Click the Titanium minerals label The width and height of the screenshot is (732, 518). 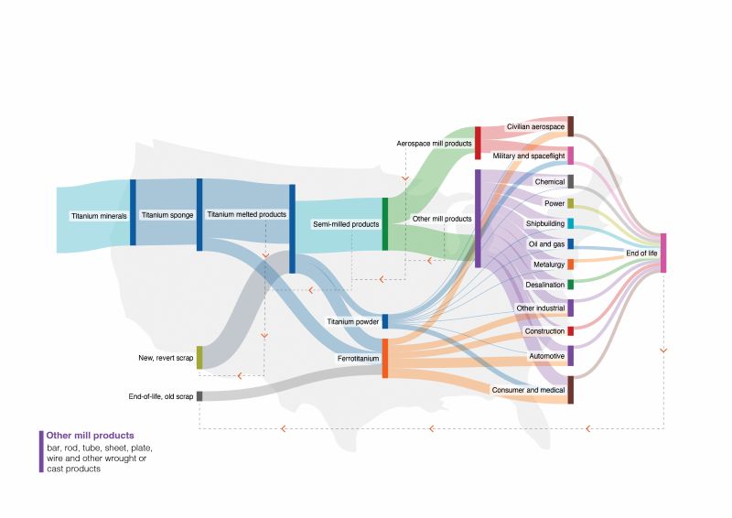pos(99,217)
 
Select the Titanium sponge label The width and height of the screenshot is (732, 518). pos(166,215)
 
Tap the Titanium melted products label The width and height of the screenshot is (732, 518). pos(246,215)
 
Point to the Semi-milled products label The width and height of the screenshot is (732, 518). pos(346,224)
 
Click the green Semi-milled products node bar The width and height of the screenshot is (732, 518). pos(385,223)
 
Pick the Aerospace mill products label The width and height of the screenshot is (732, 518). pos(434,144)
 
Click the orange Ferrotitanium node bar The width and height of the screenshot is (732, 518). pos(385,358)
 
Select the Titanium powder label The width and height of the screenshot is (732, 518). pos(354,322)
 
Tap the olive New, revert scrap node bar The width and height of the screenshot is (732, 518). pos(199,357)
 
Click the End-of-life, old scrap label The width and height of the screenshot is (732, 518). pos(161,396)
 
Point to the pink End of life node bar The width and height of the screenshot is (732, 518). pos(663,253)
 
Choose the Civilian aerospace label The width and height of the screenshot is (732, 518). pos(535,126)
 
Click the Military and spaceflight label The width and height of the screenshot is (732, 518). pos(529,156)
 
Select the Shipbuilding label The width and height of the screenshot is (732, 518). pos(544,223)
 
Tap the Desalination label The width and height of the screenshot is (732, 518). pos(544,285)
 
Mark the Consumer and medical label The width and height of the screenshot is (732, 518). pos(529,390)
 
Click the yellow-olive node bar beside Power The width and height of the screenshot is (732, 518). pos(570,203)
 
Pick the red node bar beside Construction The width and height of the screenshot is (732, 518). pos(570,330)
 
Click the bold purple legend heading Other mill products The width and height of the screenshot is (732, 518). pos(90,435)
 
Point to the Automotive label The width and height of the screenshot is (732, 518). pos(547,355)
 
